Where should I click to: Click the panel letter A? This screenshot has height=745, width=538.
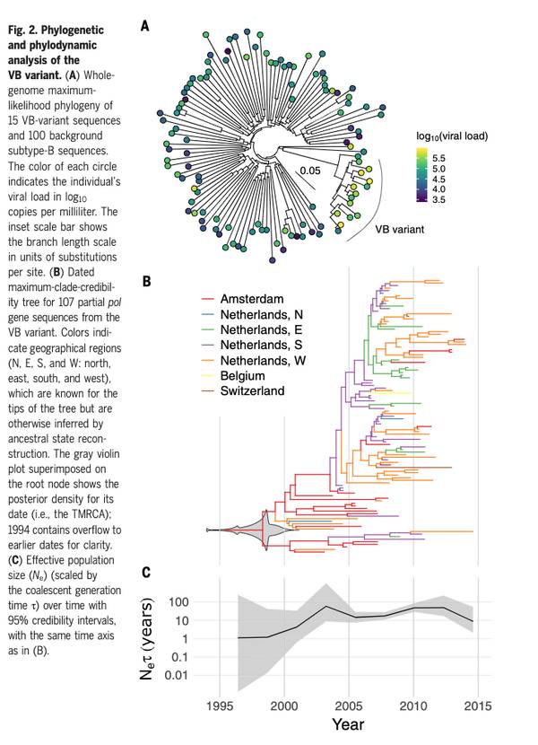144,28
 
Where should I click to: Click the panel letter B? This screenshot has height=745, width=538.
144,279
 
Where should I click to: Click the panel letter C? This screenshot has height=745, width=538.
144,572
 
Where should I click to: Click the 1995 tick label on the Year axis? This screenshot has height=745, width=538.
220,702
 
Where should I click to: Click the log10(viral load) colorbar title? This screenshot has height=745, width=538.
451,136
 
